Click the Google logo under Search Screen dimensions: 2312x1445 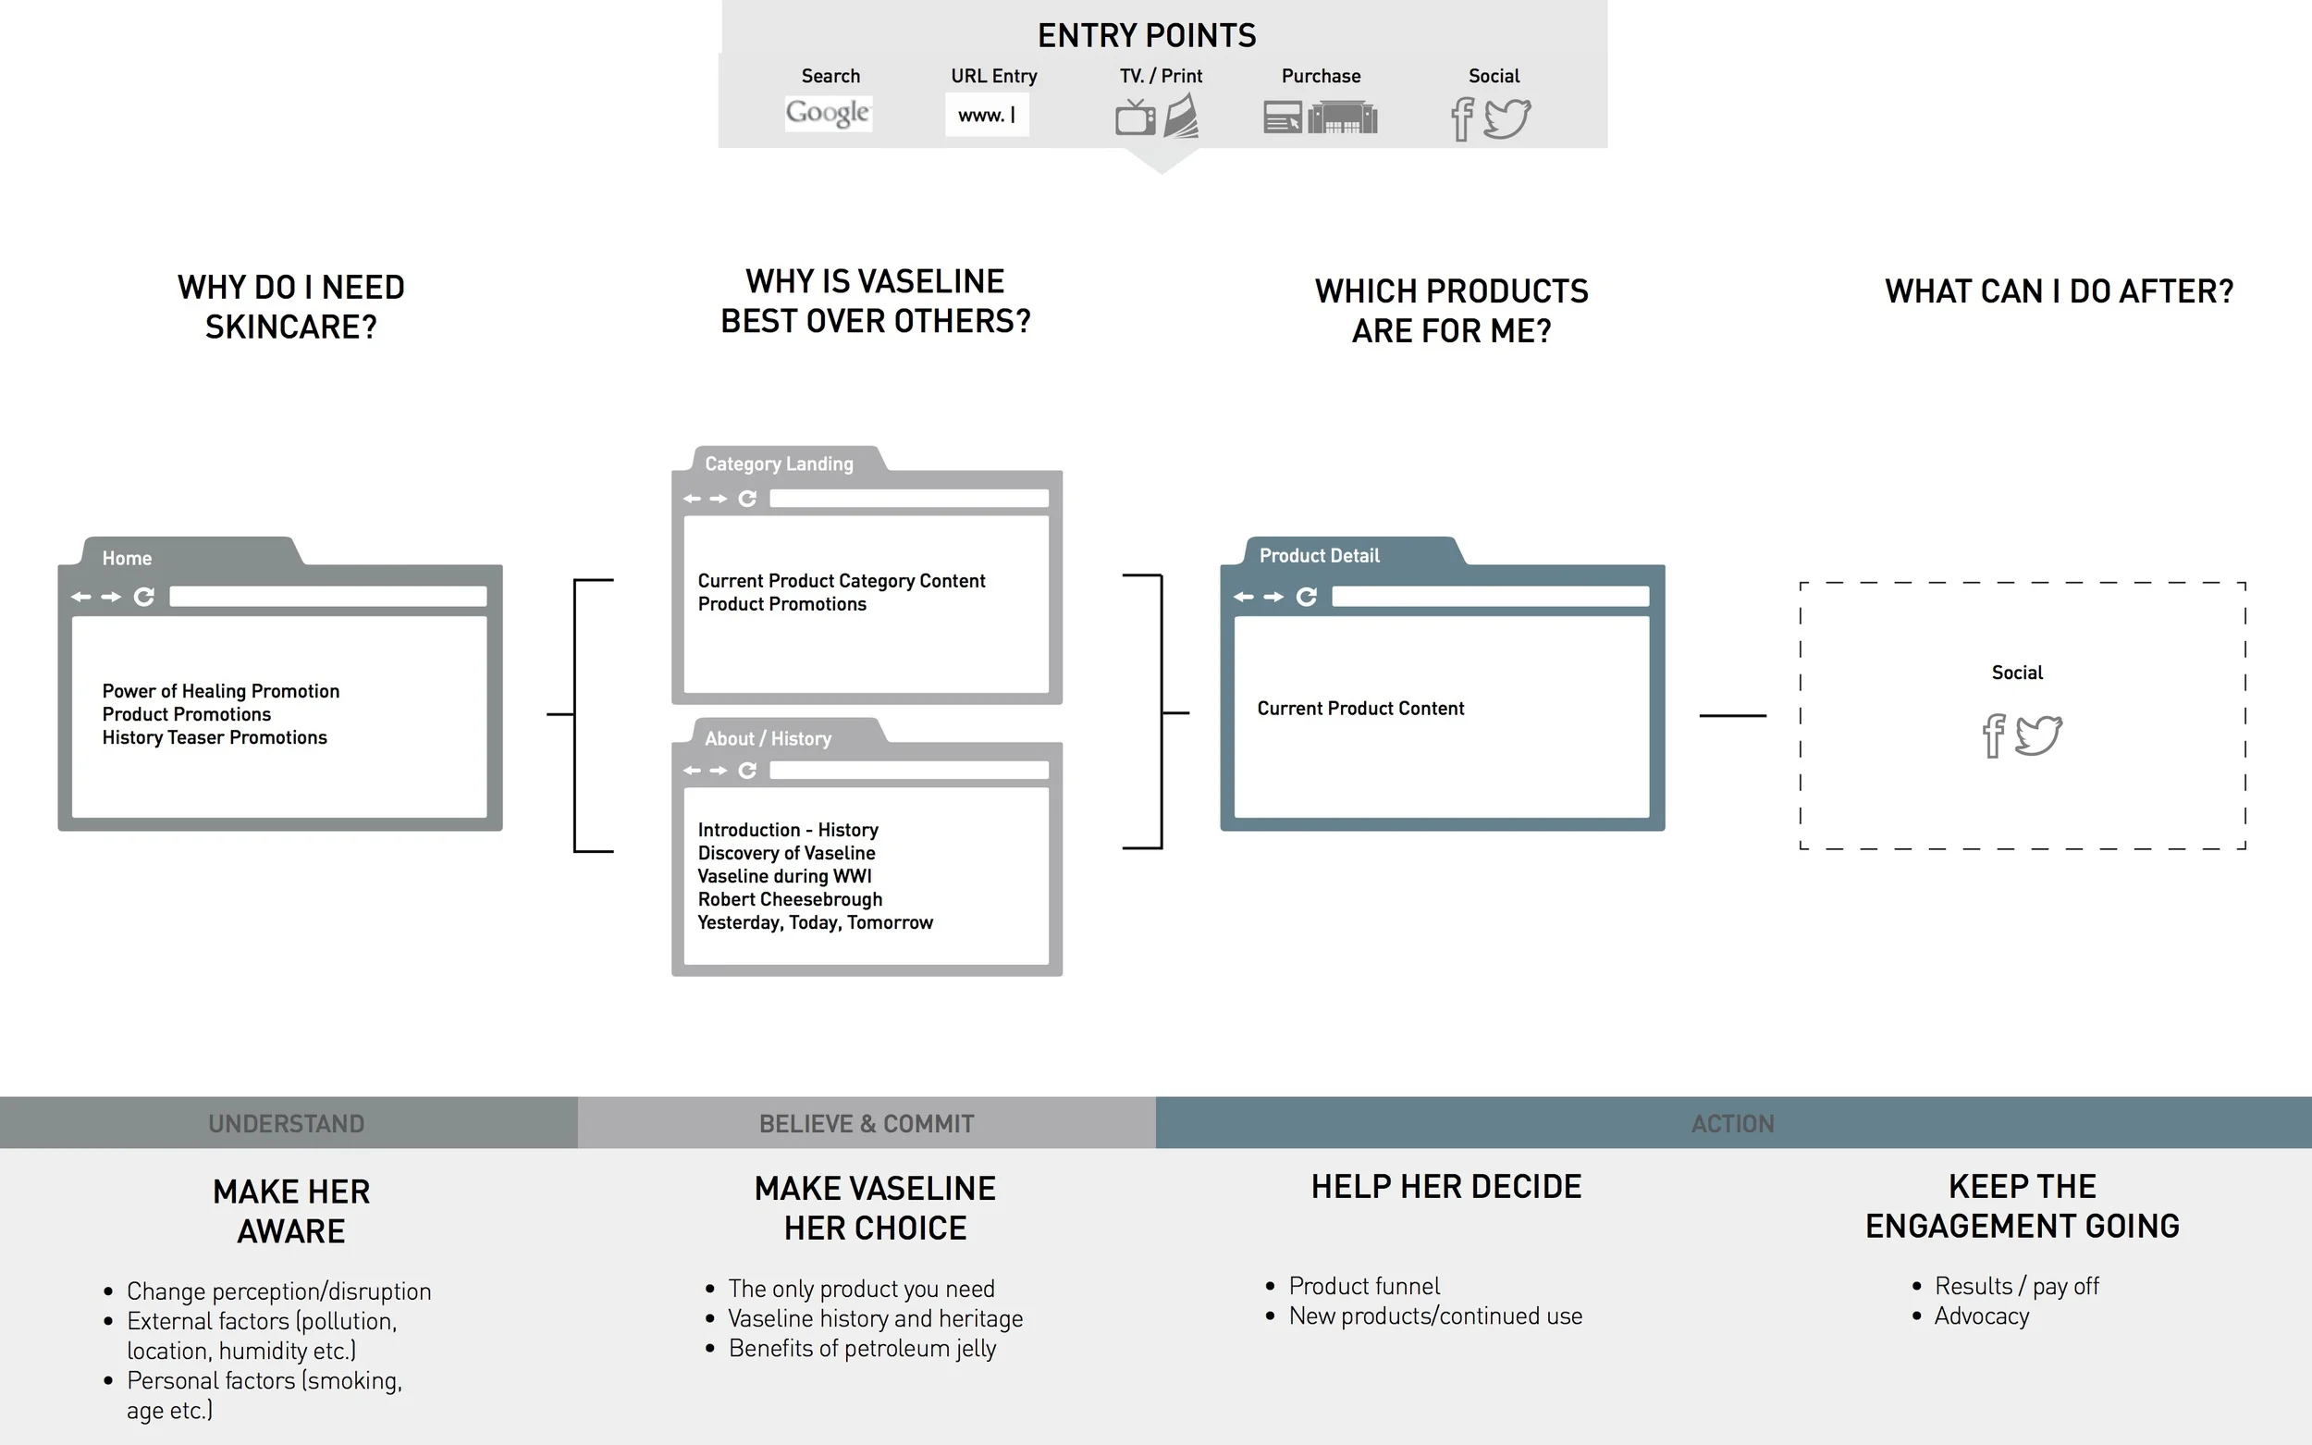(828, 114)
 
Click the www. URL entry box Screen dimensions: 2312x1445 (987, 115)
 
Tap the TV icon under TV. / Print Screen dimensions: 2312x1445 (1135, 117)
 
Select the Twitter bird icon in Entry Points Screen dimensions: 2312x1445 (1507, 119)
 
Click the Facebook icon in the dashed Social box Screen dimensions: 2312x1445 (1993, 735)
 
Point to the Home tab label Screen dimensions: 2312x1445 (127, 558)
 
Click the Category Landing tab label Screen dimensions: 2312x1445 (779, 463)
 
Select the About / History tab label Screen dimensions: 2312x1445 (769, 739)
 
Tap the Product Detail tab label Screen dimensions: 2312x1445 (1320, 555)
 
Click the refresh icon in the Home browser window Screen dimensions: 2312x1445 (144, 597)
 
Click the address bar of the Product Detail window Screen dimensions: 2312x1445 (1491, 597)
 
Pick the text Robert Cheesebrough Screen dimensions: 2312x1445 (790, 899)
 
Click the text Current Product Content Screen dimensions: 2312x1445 (1360, 709)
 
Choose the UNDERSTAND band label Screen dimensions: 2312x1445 (287, 1124)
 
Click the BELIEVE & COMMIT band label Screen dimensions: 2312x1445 (867, 1124)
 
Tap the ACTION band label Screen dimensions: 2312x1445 (1733, 1124)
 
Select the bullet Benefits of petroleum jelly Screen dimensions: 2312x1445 (862, 1349)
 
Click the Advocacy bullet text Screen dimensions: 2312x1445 (1982, 1316)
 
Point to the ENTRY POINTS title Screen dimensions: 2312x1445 (1147, 35)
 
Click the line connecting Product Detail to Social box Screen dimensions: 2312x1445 (1732, 715)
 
